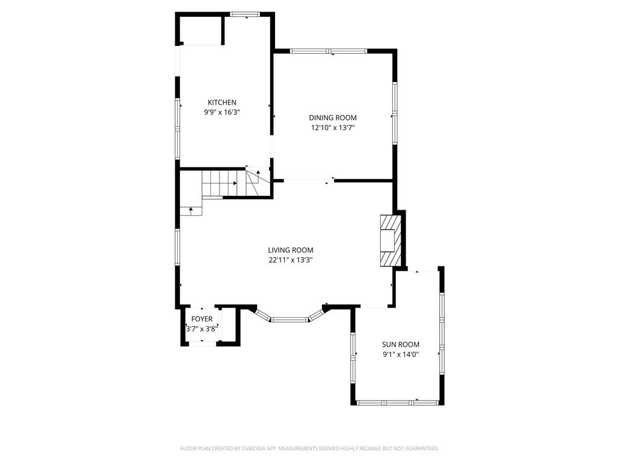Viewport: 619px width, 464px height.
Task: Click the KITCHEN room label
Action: (x=222, y=103)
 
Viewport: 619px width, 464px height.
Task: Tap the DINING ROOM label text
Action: (x=332, y=118)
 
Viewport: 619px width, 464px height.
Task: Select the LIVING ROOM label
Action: (x=291, y=250)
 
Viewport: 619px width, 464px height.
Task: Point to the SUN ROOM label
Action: (x=400, y=344)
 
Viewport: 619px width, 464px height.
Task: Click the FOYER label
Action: (x=202, y=319)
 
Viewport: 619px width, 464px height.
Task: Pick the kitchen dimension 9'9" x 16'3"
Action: (x=222, y=112)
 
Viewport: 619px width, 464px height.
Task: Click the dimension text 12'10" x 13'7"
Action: (x=333, y=127)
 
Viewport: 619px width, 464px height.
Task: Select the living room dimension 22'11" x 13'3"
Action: (x=291, y=260)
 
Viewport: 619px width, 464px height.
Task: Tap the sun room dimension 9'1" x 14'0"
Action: (x=400, y=354)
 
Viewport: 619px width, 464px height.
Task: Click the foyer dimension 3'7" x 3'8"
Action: (x=202, y=329)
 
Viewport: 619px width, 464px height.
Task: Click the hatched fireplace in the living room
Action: (x=391, y=240)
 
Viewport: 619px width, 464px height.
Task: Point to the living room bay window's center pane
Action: (x=290, y=319)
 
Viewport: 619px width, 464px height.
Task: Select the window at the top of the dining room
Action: (x=328, y=51)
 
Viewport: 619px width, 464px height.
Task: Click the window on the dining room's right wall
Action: (x=394, y=113)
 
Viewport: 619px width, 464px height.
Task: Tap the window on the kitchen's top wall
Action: (x=245, y=14)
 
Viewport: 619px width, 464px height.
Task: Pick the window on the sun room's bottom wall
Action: (x=398, y=402)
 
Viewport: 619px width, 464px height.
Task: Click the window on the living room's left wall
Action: (x=178, y=247)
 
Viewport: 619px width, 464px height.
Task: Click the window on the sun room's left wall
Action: (x=353, y=358)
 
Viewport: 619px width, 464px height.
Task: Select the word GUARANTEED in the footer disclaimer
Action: (x=424, y=449)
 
